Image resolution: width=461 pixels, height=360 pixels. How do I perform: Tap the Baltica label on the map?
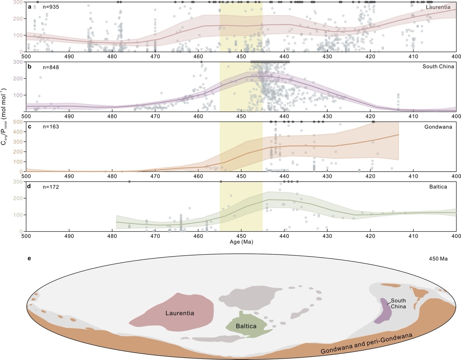246,326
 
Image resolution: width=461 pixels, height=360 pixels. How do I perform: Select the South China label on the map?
398,303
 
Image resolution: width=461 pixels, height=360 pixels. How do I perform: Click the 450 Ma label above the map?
438,259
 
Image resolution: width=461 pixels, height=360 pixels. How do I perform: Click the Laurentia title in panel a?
438,7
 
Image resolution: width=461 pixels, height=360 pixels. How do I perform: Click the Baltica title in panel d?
440,187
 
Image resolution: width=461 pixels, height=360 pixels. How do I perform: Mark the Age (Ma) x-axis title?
241,242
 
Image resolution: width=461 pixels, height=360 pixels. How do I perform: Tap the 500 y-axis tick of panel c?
17,122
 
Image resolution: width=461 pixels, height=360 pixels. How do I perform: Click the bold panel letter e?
29,259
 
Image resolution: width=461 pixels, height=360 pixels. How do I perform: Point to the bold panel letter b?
29,67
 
